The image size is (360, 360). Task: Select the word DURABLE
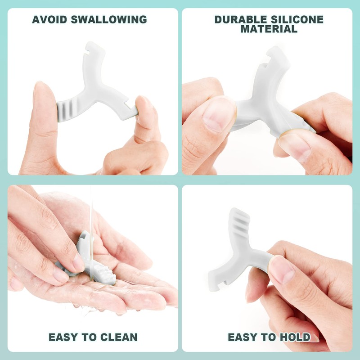pos(238,19)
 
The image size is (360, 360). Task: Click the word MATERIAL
pos(269,29)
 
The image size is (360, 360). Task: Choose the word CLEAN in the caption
pos(116,337)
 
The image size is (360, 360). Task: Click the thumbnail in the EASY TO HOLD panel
pos(282,270)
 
